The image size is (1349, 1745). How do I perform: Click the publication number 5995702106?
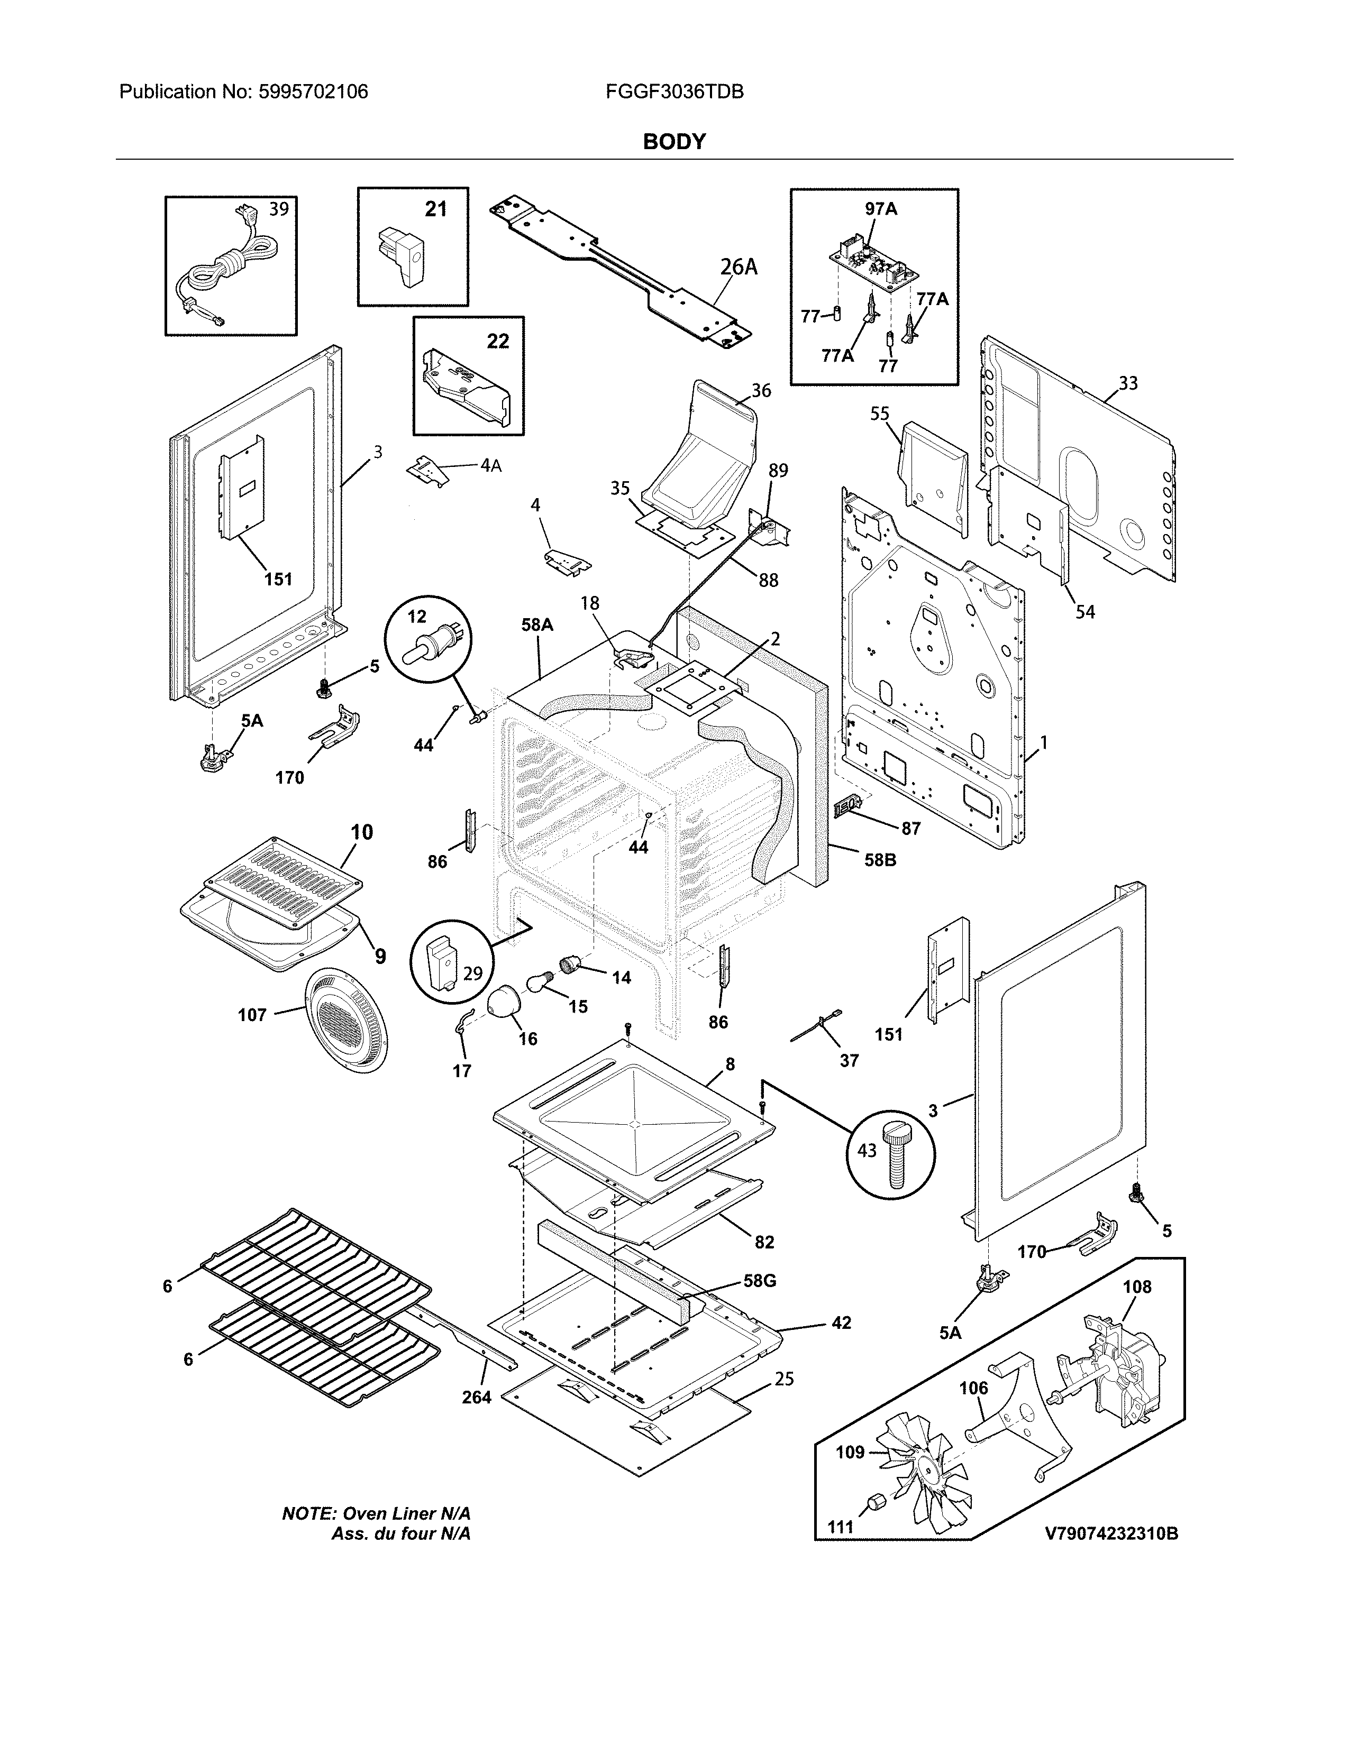(x=313, y=92)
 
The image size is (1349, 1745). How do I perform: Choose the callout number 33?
(x=1128, y=383)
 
